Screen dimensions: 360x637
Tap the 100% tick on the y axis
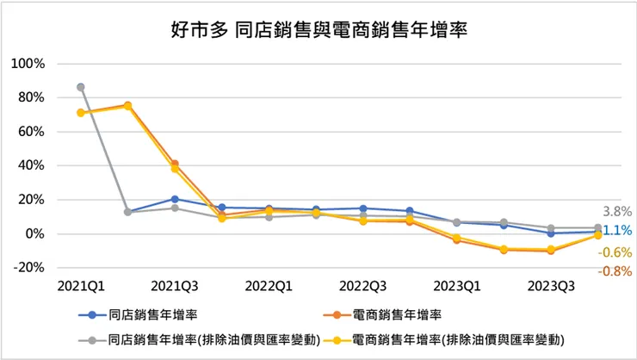click(x=28, y=64)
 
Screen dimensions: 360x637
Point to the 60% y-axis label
click(x=31, y=132)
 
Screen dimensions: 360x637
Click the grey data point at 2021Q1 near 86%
click(x=81, y=87)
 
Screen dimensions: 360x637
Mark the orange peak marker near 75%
click(x=127, y=105)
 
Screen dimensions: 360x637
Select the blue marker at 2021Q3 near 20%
click(x=175, y=199)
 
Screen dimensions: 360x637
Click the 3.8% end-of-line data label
click(x=618, y=211)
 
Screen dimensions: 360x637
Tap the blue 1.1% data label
click(x=618, y=230)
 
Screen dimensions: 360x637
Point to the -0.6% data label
click(x=616, y=251)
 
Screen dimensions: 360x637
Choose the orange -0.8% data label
click(x=616, y=271)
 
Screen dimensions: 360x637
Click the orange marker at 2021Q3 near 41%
click(x=175, y=164)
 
